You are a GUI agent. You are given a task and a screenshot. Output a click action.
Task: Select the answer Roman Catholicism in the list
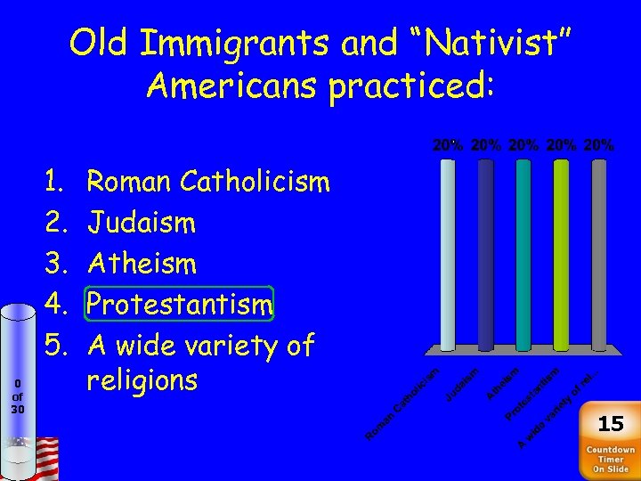click(208, 183)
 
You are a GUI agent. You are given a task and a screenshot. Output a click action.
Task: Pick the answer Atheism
click(142, 264)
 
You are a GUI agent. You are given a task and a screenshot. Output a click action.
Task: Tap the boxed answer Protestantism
click(180, 305)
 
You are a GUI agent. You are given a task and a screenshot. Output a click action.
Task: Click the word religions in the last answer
click(142, 380)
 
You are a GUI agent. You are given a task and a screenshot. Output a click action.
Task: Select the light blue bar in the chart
click(448, 255)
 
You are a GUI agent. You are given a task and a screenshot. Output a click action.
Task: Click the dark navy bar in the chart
click(486, 255)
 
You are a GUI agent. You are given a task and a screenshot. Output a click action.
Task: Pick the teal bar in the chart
click(523, 255)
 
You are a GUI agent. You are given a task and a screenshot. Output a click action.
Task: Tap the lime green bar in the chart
click(561, 255)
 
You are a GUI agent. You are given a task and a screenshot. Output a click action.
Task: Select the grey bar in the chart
click(599, 255)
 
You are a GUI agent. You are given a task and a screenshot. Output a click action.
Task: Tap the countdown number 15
click(611, 423)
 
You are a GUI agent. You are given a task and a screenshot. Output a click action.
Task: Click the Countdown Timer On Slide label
click(611, 460)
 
